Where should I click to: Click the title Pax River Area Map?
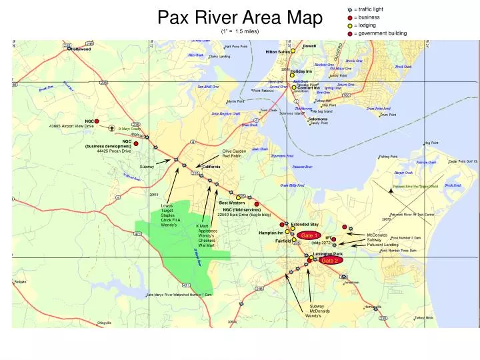click(240, 17)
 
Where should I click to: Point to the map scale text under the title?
click(240, 31)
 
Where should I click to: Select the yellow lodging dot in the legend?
click(350, 25)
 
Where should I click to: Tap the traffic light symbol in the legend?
click(350, 9)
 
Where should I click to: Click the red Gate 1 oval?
click(309, 235)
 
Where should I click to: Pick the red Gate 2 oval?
click(330, 261)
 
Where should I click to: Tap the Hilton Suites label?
click(277, 51)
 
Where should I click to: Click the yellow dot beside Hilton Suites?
click(293, 51)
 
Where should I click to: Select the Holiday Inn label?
click(301, 71)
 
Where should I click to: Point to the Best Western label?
click(232, 203)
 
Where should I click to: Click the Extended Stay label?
click(305, 225)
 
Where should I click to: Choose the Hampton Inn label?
click(271, 233)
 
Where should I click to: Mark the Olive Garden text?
click(234, 151)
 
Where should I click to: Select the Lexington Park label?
click(327, 254)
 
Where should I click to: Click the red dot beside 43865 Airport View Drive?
click(97, 121)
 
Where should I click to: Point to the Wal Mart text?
click(205, 245)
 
